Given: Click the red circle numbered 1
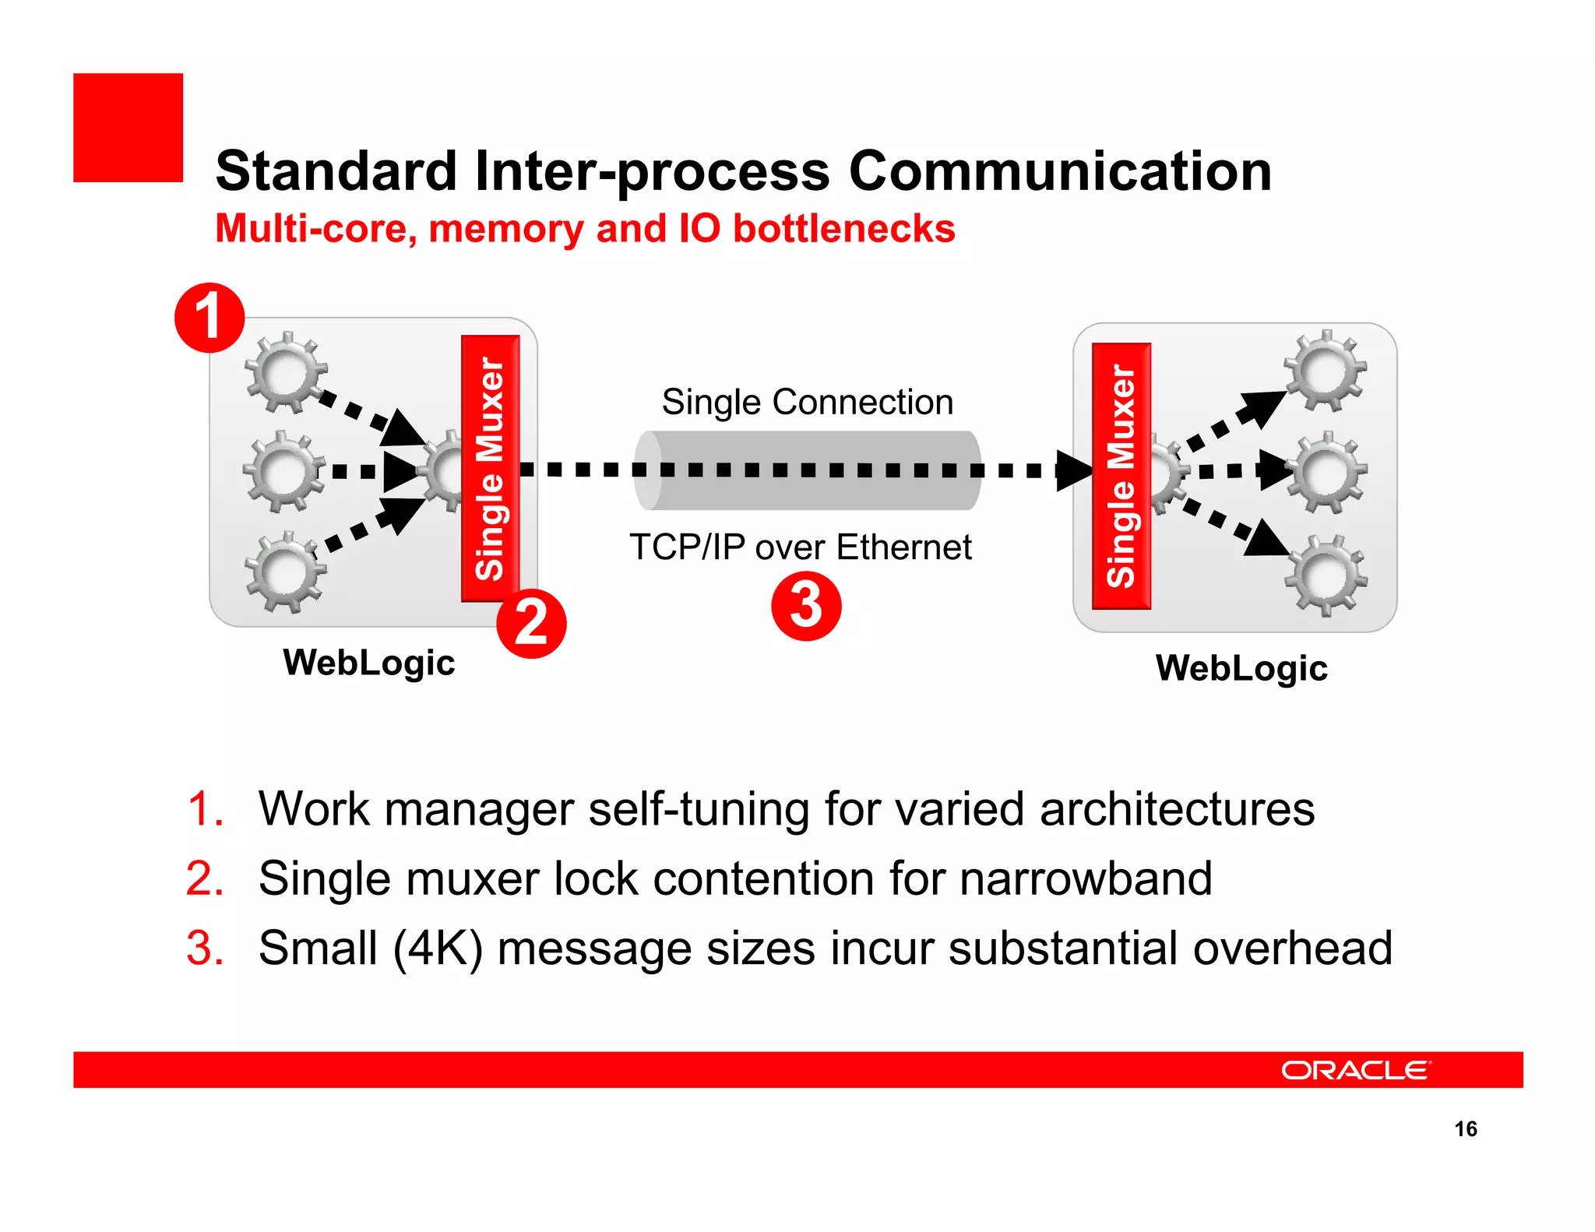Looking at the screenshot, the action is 209,318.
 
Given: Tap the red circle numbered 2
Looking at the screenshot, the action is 531,624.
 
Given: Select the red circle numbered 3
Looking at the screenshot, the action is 806,606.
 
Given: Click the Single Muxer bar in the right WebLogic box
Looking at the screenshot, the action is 1121,476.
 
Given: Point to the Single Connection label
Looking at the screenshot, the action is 808,403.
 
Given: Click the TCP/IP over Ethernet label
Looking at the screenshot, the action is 800,547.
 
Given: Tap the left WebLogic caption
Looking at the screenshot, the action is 369,664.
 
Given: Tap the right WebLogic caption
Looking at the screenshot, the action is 1241,668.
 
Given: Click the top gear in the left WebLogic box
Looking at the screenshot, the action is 285,372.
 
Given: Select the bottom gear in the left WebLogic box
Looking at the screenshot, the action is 285,572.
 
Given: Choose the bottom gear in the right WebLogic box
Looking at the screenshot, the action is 1326,576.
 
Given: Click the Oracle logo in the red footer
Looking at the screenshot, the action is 1356,1070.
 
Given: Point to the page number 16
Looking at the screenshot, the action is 1465,1129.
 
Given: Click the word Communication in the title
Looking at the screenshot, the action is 1060,171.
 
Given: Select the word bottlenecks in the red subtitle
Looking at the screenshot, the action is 844,229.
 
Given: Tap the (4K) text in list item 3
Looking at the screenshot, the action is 438,949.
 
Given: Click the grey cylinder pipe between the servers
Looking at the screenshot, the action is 807,470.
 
